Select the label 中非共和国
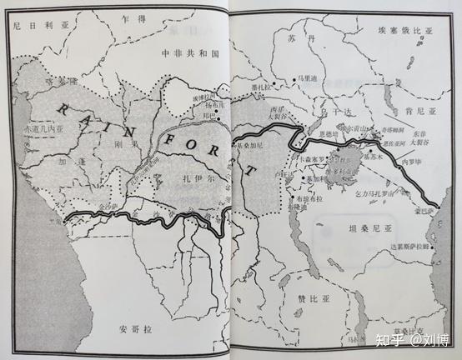(190, 52)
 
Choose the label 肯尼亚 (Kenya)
(414, 111)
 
